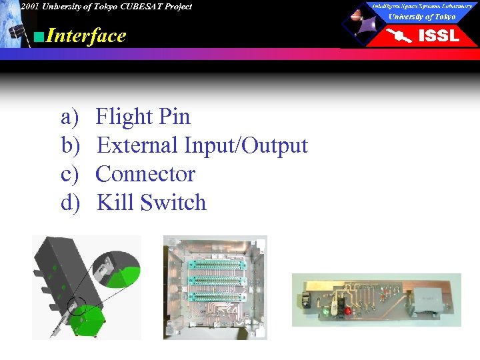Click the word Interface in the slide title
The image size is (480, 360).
tap(86, 35)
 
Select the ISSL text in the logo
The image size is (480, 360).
tap(438, 36)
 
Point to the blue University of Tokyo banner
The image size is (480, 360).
tap(422, 17)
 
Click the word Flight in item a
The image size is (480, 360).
tap(125, 117)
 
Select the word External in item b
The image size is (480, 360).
tap(137, 145)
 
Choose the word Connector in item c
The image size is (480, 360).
tap(145, 174)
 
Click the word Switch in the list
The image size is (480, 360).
tap(174, 203)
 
